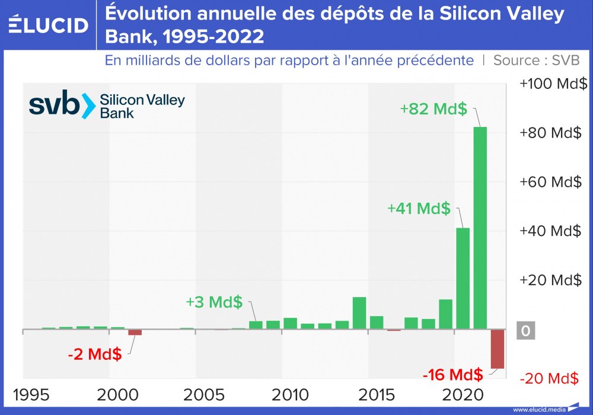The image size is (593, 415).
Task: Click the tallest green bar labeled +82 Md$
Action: pyautogui.click(x=480, y=228)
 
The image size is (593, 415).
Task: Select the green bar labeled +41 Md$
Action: pyautogui.click(x=463, y=278)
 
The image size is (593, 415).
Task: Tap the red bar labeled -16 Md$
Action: pyautogui.click(x=497, y=349)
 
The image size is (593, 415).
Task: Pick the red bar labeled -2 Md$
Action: pyautogui.click(x=135, y=332)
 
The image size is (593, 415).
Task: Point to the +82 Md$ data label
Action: pyautogui.click(x=433, y=109)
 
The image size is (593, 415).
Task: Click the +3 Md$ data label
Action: pyautogui.click(x=214, y=302)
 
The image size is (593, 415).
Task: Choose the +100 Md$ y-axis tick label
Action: pyautogui.click(x=550, y=84)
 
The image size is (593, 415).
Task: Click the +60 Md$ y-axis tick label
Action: pyautogui.click(x=550, y=182)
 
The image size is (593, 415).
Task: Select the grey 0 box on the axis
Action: pyautogui.click(x=525, y=331)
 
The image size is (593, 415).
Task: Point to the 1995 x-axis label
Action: pyautogui.click(x=35, y=395)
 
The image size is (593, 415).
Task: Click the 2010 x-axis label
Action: pyautogui.click(x=290, y=395)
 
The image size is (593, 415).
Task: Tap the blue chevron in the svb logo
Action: pyautogui.click(x=88, y=106)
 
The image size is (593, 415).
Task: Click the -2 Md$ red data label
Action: pyautogui.click(x=95, y=355)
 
